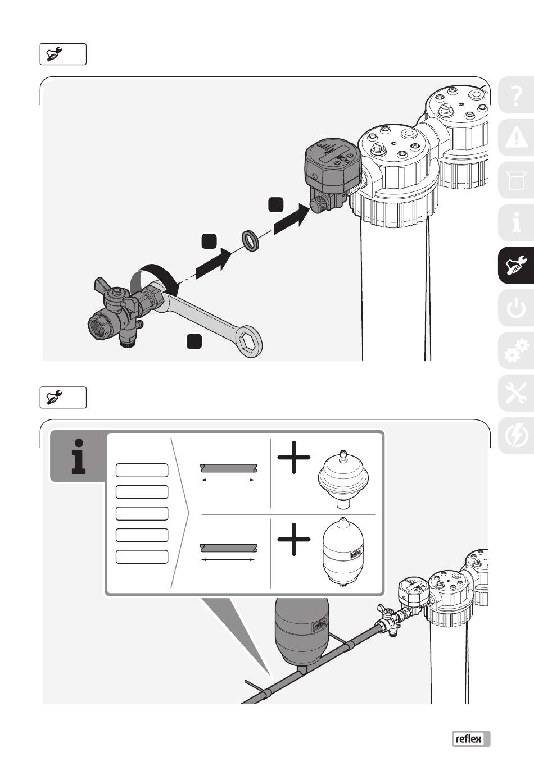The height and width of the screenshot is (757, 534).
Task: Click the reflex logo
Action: (x=471, y=739)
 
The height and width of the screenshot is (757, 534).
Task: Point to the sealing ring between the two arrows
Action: (x=250, y=240)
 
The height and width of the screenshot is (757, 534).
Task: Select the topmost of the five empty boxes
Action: (x=142, y=470)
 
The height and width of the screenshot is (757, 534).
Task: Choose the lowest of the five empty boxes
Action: (x=142, y=557)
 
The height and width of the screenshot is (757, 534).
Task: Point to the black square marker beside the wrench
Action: (x=194, y=341)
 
